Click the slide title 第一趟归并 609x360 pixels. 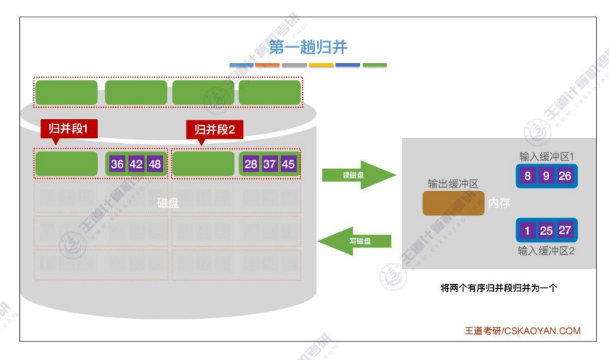click(x=307, y=47)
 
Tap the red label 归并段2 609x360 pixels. click(x=214, y=129)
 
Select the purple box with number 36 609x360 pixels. click(x=117, y=164)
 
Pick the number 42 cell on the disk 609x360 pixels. click(x=136, y=164)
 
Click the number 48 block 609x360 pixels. click(x=154, y=164)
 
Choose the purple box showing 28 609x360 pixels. click(x=251, y=164)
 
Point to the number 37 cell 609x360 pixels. click(x=270, y=164)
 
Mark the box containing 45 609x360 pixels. click(x=288, y=164)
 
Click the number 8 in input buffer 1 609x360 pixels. click(x=527, y=177)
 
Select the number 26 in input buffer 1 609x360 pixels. click(x=564, y=177)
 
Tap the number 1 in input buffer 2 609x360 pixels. click(x=527, y=230)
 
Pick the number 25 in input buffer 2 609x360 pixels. click(x=546, y=230)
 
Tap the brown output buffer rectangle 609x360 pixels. click(x=453, y=203)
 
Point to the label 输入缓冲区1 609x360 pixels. click(x=546, y=157)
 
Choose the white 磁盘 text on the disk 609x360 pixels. click(x=168, y=204)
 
